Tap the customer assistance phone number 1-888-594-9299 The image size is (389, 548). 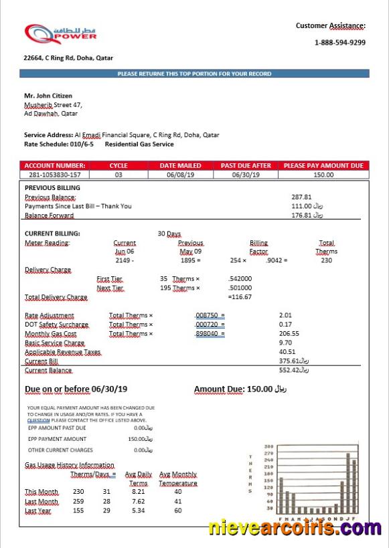coord(339,42)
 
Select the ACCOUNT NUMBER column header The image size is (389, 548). coord(55,165)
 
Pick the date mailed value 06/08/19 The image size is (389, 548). coord(180,175)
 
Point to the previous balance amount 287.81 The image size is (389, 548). coord(301,197)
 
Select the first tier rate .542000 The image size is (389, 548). coord(240,279)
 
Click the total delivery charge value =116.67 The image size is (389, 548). coord(240,296)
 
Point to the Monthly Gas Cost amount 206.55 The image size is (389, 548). coord(289,333)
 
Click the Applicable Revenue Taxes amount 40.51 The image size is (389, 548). coord(287,352)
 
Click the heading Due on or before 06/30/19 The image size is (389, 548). coord(76,389)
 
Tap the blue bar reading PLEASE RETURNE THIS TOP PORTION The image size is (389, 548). coord(194,74)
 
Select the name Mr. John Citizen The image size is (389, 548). coord(48,96)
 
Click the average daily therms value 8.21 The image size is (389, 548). coord(138,492)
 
